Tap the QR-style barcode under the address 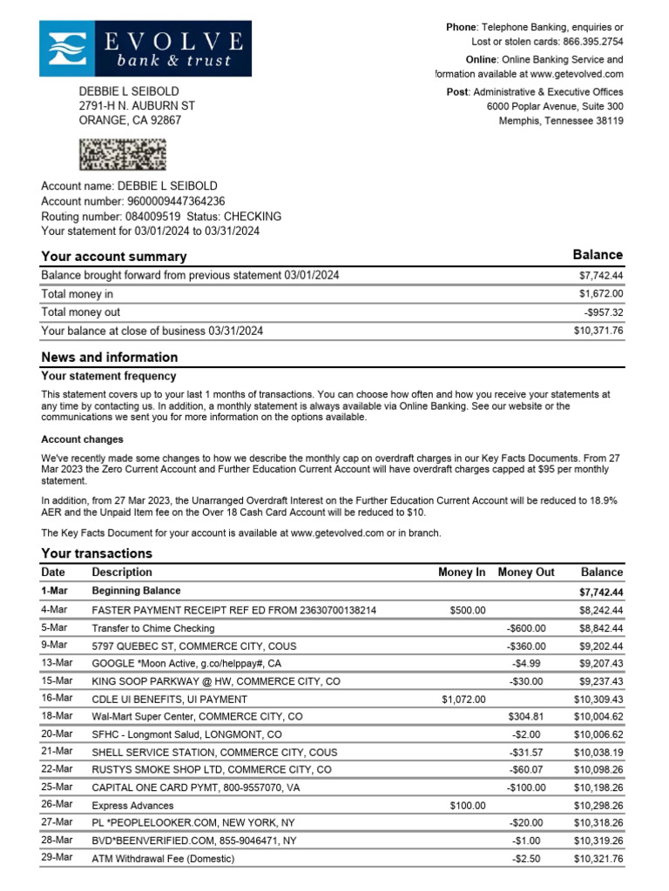tap(122, 154)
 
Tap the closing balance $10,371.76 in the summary tap(598, 331)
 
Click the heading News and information tap(110, 358)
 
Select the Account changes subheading tap(83, 439)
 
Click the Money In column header tap(462, 573)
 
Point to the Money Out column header tap(525, 573)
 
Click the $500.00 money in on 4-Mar tap(468, 611)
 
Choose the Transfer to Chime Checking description tap(153, 628)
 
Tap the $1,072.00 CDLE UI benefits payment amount tap(463, 700)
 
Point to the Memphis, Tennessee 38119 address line tap(560, 121)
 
